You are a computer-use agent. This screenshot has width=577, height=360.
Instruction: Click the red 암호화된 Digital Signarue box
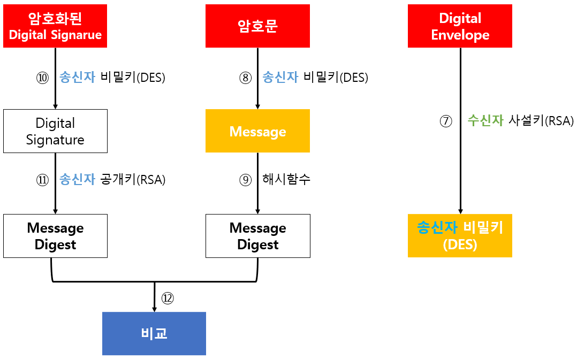(55, 26)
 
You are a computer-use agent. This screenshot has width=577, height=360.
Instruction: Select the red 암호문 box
(257, 26)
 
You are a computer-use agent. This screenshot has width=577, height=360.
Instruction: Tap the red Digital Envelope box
(460, 26)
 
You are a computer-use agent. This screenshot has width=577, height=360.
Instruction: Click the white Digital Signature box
(55, 131)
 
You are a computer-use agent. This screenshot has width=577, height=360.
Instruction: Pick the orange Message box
(257, 131)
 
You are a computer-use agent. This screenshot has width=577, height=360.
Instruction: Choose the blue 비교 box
(154, 333)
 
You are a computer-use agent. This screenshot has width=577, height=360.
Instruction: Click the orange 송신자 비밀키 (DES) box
(460, 236)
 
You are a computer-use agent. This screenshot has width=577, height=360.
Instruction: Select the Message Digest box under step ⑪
(55, 236)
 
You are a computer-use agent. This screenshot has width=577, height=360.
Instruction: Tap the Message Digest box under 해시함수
(257, 236)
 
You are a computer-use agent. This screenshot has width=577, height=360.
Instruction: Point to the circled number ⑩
(42, 78)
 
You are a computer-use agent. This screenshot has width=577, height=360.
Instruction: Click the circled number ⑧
(245, 78)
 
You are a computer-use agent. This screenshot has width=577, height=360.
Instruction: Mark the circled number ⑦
(446, 121)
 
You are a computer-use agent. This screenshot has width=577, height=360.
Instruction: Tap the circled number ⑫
(168, 298)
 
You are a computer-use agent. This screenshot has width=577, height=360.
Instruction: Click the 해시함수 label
(286, 180)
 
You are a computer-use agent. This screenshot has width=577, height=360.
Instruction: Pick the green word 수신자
(485, 121)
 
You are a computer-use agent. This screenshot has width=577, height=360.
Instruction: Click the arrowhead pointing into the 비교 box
(154, 309)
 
